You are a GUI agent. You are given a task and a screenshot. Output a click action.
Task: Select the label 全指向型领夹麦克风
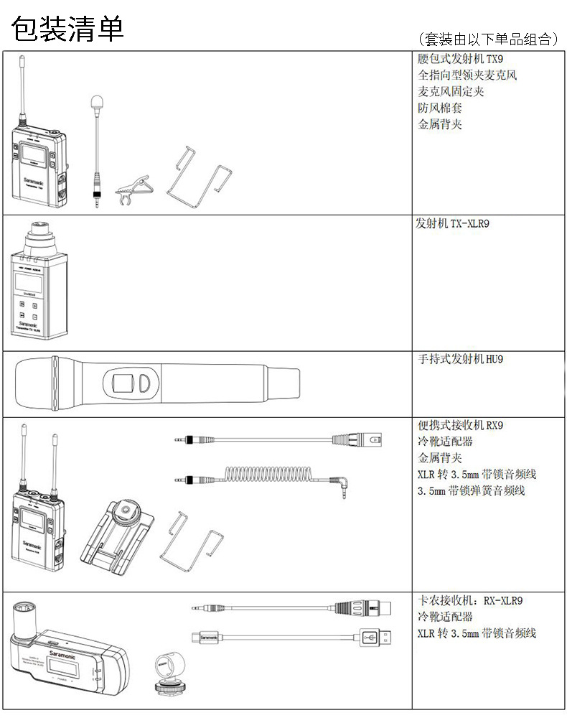pos(467,75)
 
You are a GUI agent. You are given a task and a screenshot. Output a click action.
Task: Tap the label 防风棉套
pos(439,108)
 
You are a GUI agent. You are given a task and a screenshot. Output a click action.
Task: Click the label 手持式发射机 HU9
pos(461,359)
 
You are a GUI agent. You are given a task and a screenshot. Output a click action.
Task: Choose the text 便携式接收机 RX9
pos(461,425)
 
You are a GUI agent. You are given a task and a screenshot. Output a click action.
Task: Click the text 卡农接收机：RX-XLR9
pos(474,601)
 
